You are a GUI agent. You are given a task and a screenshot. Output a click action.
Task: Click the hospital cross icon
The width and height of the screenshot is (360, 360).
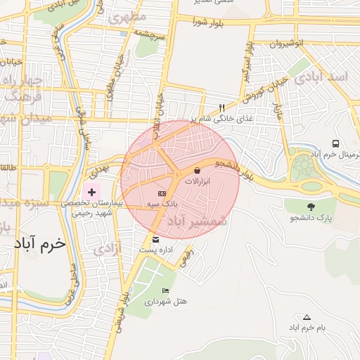tap(91, 191)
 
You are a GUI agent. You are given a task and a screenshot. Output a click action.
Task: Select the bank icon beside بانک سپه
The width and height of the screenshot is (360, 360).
tap(162, 193)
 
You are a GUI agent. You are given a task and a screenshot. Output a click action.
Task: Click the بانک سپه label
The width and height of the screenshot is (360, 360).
tap(161, 204)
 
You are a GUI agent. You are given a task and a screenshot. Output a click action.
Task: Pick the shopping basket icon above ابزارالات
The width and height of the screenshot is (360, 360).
tap(198, 170)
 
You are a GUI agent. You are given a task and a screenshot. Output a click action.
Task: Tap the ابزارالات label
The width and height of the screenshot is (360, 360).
tap(202, 181)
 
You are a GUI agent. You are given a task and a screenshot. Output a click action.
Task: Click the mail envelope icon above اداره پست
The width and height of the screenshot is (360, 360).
tap(155, 239)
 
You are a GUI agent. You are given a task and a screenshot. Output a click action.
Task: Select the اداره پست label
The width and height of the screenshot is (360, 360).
tap(155, 250)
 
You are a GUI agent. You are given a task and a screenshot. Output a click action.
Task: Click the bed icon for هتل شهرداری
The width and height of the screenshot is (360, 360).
tap(166, 290)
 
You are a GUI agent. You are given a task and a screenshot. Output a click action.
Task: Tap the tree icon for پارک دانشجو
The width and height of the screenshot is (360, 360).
tap(311, 207)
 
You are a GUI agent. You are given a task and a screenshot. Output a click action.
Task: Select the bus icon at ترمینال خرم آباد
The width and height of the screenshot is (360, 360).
tap(336, 143)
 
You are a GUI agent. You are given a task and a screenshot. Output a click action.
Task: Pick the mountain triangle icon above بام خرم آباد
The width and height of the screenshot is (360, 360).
tap(306, 317)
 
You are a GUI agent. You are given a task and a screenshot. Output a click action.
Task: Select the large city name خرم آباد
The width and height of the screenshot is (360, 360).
tap(39, 244)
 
